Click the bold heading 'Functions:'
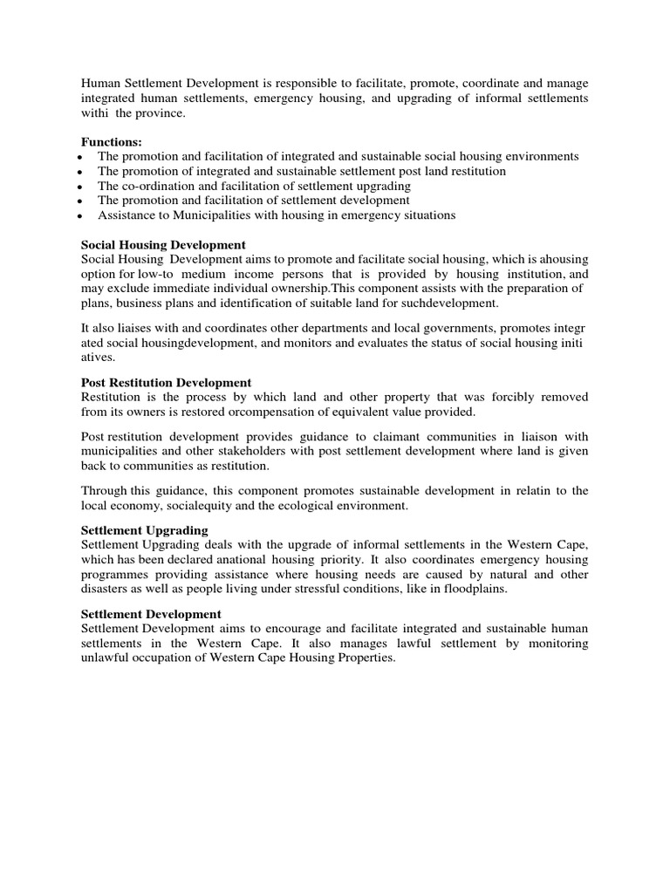click(x=112, y=141)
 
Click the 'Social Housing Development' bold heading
click(x=163, y=245)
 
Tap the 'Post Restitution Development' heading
click(x=166, y=382)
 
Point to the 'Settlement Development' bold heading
click(x=151, y=614)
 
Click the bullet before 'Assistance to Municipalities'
click(x=79, y=215)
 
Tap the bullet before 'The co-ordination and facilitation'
click(x=79, y=186)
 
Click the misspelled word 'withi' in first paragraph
click(x=95, y=114)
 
